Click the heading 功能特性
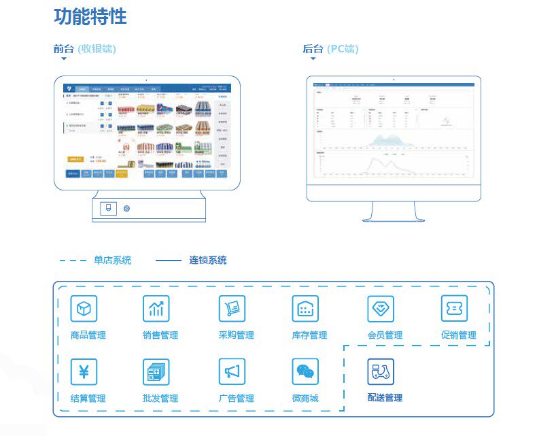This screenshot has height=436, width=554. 90,16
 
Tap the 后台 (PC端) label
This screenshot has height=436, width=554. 330,49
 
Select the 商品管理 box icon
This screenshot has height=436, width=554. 84,309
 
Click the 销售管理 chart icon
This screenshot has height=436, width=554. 156,309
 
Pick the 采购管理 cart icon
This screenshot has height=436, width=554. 232,309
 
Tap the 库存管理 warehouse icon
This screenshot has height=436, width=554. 305,309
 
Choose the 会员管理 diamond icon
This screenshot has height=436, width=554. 381,309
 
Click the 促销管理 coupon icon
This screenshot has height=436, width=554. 454,308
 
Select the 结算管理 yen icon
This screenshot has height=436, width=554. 84,371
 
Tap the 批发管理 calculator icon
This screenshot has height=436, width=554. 156,372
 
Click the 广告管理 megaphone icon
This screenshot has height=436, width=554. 232,371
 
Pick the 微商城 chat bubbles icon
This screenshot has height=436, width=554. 305,371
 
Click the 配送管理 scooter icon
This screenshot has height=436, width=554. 381,371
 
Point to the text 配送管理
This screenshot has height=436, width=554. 385,398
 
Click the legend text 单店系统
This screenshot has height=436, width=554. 113,260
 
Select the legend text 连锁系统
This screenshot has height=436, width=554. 208,260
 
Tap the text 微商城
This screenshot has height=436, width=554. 305,398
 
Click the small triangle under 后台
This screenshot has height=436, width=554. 313,59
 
